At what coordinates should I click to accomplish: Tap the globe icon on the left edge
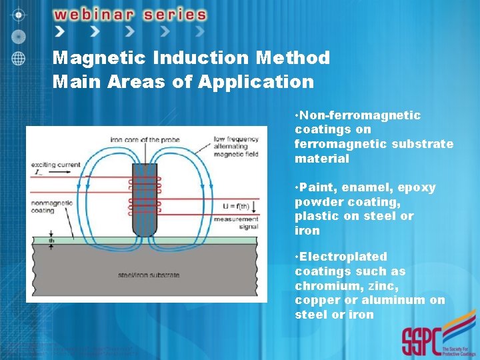[18, 58]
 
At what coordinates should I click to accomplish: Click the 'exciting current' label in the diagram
[55, 164]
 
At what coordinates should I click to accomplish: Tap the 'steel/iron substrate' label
[149, 275]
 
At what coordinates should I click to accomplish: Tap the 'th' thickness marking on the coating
[51, 241]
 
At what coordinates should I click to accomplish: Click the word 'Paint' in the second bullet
[317, 187]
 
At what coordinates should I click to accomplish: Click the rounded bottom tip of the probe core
[145, 232]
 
